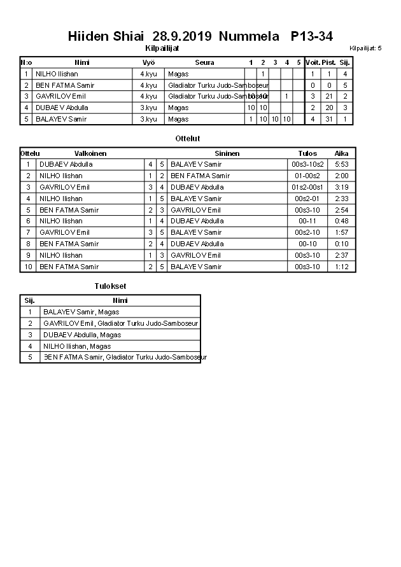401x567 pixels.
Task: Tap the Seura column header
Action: (204, 62)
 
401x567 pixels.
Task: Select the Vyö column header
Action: (148, 62)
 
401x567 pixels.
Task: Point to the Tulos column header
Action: (307, 153)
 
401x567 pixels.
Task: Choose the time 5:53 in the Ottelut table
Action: (341, 164)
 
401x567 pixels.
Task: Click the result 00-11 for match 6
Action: (307, 221)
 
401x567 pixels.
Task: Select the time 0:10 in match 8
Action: (341, 244)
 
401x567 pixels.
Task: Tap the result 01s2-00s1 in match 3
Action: (307, 187)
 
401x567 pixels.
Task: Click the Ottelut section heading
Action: (187, 138)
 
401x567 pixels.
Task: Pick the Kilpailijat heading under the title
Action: (162, 48)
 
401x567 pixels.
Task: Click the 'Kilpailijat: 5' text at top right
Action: (365, 48)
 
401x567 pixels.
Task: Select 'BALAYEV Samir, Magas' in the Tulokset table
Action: (81, 312)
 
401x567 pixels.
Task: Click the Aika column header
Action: (341, 153)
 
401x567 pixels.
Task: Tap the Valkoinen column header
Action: (90, 153)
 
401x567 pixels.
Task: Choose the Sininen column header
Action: (227, 153)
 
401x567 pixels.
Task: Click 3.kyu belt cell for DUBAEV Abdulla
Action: (148, 108)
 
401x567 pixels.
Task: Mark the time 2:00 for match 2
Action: (341, 176)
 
